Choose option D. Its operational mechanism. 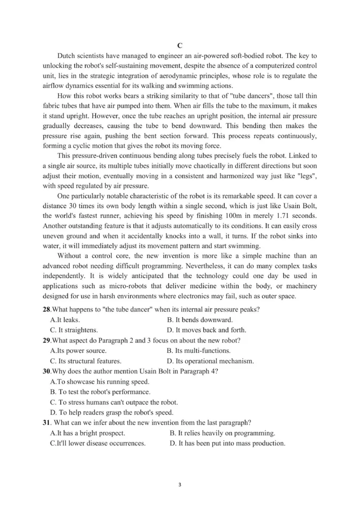(210, 361)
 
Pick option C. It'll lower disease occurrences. (98, 443)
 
